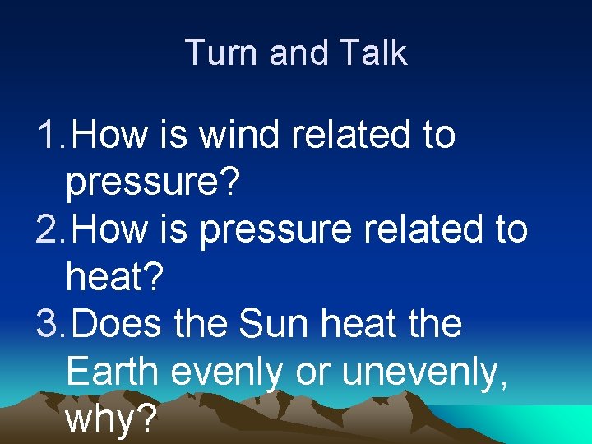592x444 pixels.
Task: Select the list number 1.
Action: point(47,135)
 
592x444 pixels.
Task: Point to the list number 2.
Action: point(47,229)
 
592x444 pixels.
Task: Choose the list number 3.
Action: point(47,324)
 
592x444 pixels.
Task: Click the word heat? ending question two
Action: point(115,277)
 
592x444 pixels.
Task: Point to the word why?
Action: point(111,420)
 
